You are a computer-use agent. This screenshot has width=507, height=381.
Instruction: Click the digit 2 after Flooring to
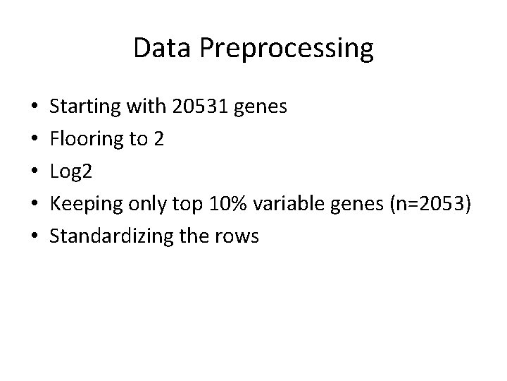click(x=159, y=139)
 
